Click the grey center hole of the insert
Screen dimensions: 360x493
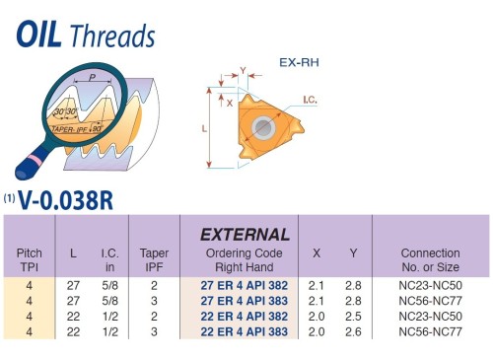coord(265,128)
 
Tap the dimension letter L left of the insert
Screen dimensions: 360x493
coord(204,129)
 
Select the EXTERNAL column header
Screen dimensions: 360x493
coord(246,235)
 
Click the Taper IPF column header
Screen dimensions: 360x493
coord(155,259)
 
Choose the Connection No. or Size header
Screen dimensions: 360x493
coord(429,259)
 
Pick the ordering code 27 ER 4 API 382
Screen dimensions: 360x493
coord(246,284)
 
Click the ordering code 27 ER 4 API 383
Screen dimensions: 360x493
coord(246,300)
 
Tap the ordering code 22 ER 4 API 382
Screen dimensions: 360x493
coord(246,316)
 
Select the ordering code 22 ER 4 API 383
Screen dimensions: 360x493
coord(246,331)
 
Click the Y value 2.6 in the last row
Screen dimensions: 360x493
coord(353,331)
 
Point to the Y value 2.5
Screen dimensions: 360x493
coord(353,316)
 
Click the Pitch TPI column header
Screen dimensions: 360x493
coord(30,259)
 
